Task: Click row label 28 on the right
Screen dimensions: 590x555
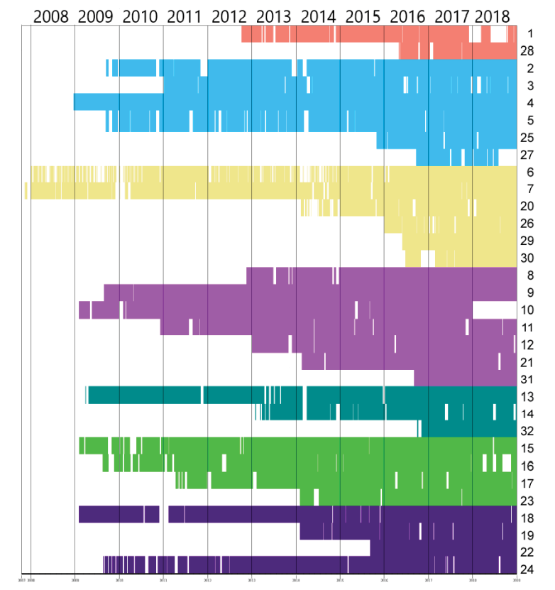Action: tap(527, 51)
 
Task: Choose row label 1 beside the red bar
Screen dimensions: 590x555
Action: tap(529, 33)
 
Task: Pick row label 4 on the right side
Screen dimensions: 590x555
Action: tap(529, 103)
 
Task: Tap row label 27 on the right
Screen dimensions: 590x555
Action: tap(527, 155)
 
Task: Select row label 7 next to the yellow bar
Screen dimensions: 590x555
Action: tap(529, 190)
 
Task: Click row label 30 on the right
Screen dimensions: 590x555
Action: tap(527, 258)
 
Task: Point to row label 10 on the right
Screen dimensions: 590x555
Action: tap(527, 310)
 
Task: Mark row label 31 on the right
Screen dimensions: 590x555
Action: tap(527, 379)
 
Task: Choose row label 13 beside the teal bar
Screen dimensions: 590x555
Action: tap(527, 397)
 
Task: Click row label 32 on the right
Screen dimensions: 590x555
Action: tap(527, 431)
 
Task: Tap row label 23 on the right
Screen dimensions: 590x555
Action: tap(527, 500)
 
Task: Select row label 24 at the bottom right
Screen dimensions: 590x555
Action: tap(527, 569)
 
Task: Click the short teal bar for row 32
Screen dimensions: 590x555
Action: tap(468, 430)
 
